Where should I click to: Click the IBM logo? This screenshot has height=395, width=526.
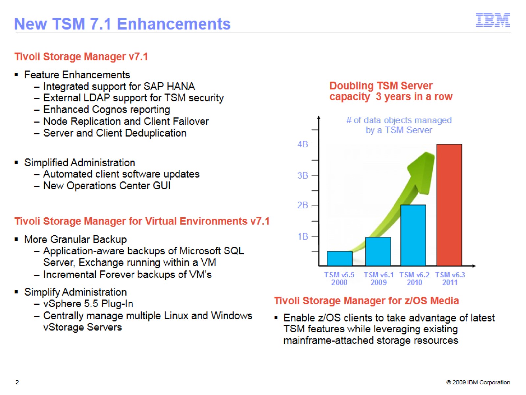(x=493, y=20)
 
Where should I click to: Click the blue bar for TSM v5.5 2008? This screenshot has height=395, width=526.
(x=340, y=258)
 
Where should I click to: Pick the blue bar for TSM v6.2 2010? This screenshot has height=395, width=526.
(x=413, y=235)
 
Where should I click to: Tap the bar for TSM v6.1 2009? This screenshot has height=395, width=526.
(x=378, y=251)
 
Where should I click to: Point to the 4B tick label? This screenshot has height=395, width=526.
(x=302, y=145)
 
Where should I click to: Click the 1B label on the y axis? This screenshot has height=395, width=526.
(x=302, y=236)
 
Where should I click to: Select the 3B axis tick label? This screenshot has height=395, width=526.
(x=302, y=175)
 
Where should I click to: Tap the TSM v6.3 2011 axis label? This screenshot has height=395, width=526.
(x=450, y=278)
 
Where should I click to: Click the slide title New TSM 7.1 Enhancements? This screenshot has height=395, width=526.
(x=122, y=24)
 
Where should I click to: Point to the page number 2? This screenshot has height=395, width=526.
(x=17, y=382)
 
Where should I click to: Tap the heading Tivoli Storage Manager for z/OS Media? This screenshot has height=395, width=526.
(x=366, y=301)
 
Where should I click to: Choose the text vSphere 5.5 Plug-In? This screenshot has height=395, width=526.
(x=88, y=303)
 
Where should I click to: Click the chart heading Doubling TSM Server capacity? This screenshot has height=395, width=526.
(x=391, y=91)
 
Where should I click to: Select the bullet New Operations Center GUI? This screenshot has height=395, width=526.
(x=107, y=186)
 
